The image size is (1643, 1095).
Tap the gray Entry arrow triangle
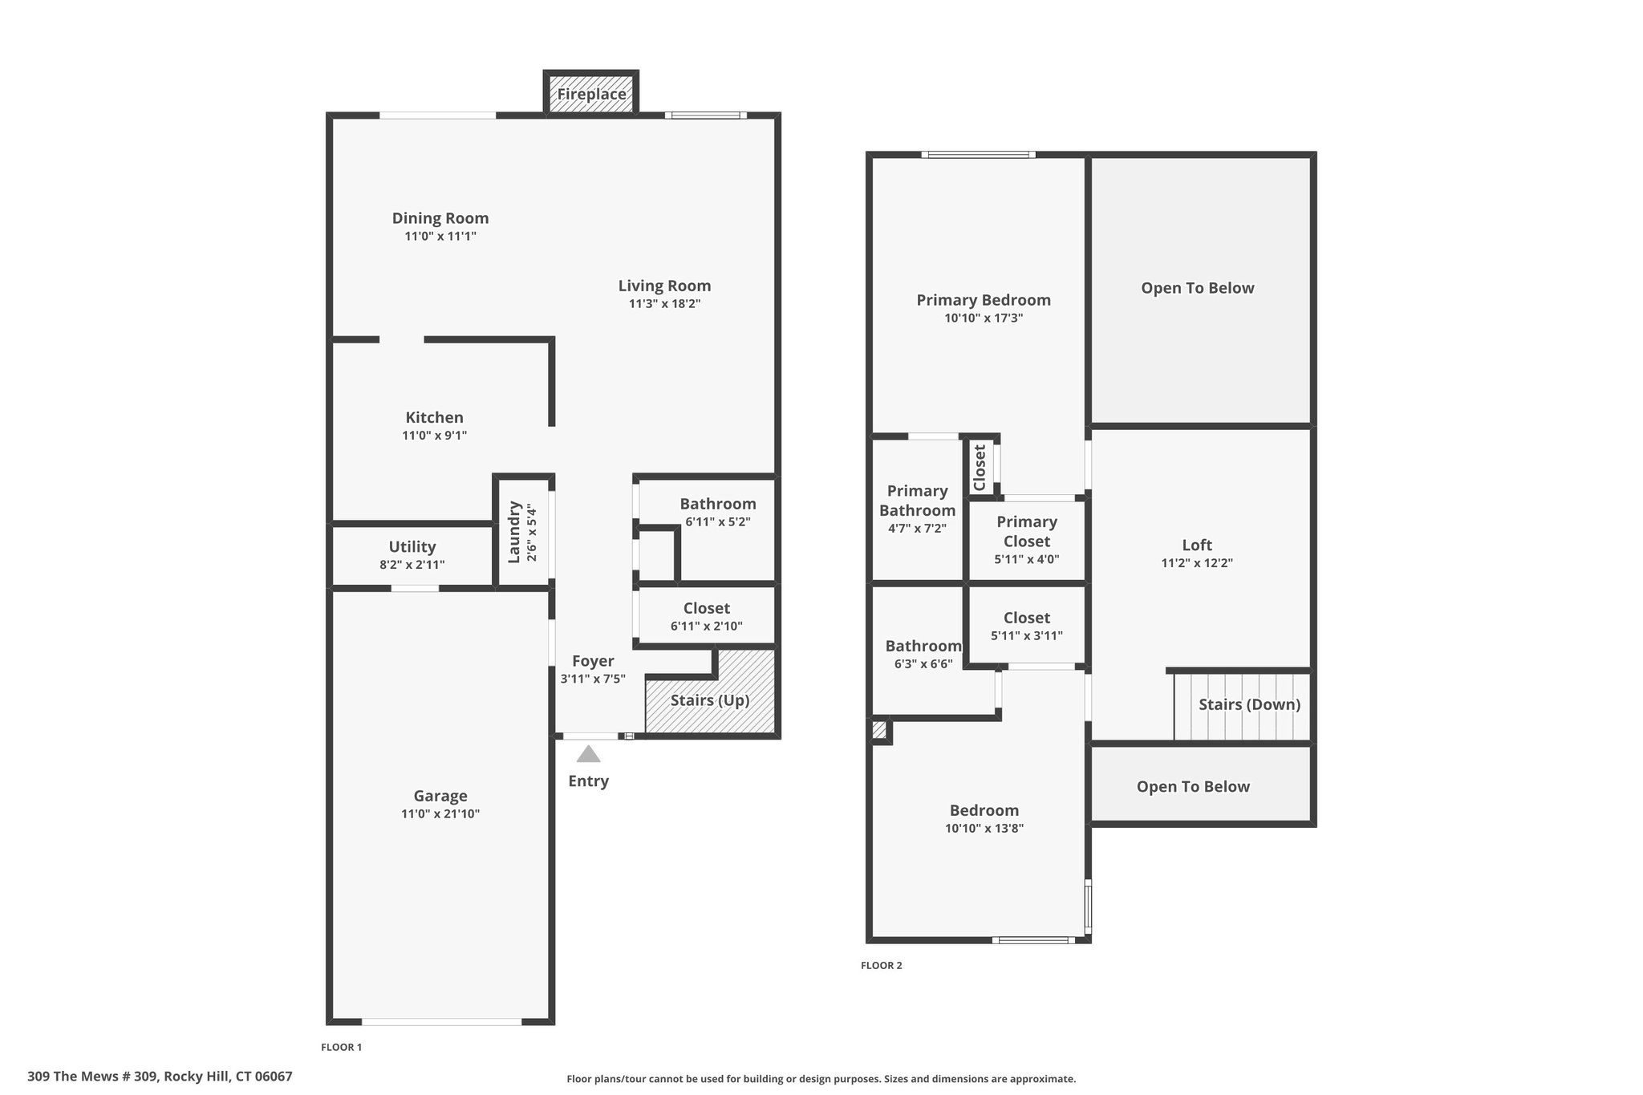[589, 754]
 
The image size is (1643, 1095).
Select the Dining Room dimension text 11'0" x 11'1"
[440, 237]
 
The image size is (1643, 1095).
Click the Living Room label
[664, 286]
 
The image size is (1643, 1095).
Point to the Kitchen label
[434, 417]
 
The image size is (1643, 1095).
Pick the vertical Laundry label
[515, 532]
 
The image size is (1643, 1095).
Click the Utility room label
[412, 547]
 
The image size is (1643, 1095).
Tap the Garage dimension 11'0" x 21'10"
[440, 814]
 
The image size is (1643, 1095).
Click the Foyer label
[593, 661]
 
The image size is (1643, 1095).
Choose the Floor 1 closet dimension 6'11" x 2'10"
[707, 627]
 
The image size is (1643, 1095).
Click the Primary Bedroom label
[984, 300]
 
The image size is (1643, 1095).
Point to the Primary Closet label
[1027, 531]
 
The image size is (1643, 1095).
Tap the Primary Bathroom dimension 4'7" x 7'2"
[917, 529]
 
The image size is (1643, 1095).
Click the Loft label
[1197, 545]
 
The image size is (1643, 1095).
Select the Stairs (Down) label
[1250, 704]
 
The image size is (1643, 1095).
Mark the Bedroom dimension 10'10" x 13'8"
[984, 829]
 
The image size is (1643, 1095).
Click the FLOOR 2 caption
[882, 966]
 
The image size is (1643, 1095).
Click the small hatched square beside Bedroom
[879, 730]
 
